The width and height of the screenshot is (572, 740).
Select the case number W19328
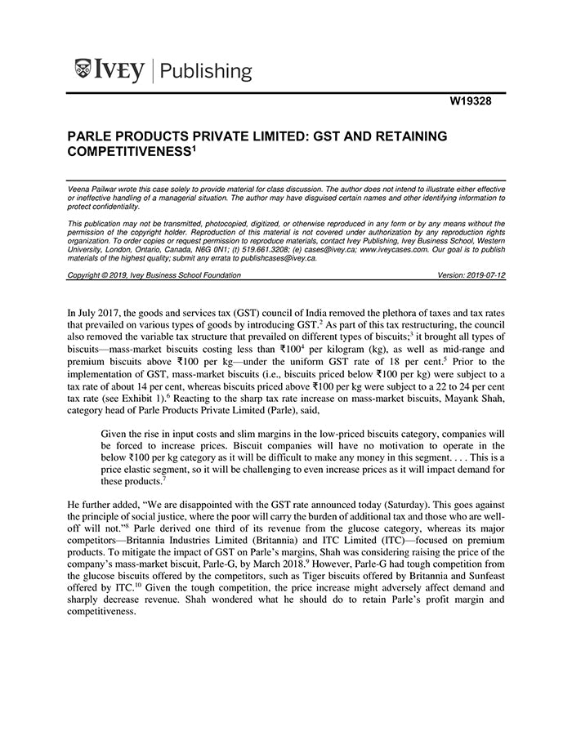tap(478, 102)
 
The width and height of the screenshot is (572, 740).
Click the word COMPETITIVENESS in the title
tap(124, 151)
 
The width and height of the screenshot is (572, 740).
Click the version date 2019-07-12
tap(485, 275)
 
